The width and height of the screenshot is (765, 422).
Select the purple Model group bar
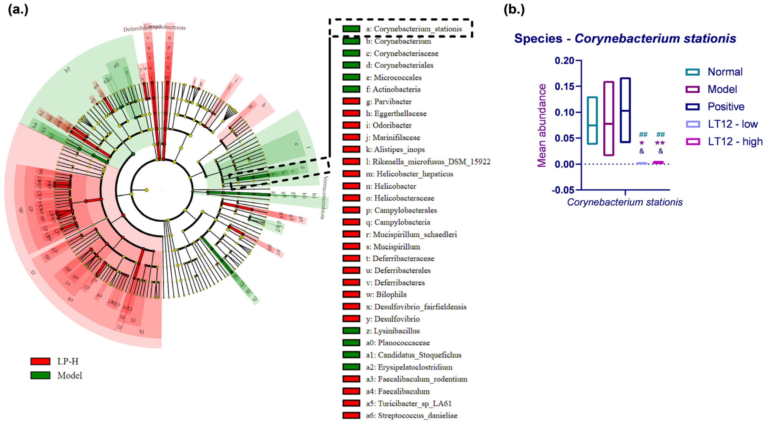point(609,118)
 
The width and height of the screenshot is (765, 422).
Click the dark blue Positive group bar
point(625,110)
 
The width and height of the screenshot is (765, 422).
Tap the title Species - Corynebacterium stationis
point(625,39)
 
